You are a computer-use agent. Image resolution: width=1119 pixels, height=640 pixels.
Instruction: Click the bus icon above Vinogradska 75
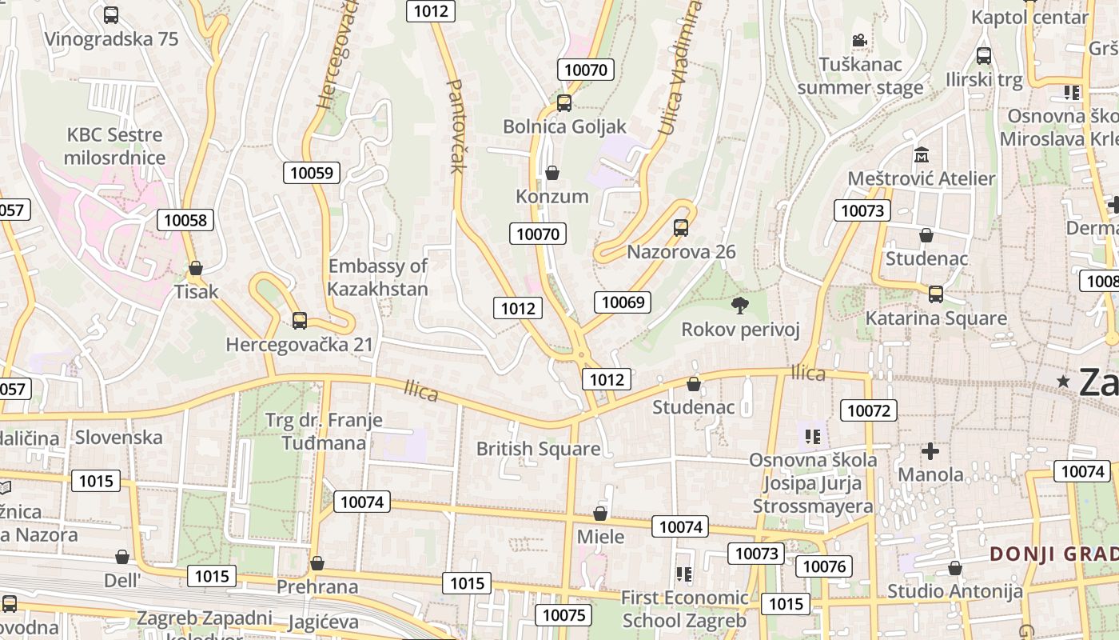click(x=111, y=14)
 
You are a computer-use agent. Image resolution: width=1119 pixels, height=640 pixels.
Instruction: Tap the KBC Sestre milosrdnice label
click(x=114, y=146)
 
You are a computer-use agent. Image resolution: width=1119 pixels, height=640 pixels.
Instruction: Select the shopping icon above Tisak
click(x=196, y=268)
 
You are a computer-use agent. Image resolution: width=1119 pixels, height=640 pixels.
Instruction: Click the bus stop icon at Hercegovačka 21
click(x=300, y=320)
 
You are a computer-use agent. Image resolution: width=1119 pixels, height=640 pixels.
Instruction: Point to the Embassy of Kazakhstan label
click(x=378, y=277)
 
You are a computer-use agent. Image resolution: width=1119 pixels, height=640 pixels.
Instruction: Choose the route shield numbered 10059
click(x=312, y=172)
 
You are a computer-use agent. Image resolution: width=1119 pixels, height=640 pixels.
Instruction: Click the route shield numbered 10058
click(x=185, y=220)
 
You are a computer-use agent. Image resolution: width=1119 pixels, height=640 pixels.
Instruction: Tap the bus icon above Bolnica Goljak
click(x=564, y=102)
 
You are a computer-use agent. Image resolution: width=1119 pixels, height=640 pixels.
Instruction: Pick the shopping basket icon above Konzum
click(x=552, y=173)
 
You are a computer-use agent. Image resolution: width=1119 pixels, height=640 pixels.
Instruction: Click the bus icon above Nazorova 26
click(x=681, y=228)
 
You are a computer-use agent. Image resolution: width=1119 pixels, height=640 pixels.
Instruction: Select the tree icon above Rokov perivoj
click(x=740, y=305)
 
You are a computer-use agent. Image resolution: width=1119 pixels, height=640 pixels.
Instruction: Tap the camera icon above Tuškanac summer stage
click(x=860, y=40)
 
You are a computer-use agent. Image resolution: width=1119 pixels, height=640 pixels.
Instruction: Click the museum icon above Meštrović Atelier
click(x=921, y=154)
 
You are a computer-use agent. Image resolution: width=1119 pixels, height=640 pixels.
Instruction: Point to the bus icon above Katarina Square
click(x=936, y=294)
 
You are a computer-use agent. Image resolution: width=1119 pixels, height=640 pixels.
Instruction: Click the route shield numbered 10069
click(x=623, y=302)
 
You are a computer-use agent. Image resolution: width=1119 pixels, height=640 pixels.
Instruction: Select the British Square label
click(x=538, y=449)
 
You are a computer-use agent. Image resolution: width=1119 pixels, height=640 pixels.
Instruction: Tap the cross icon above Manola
click(x=930, y=451)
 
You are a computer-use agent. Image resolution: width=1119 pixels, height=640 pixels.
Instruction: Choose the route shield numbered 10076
click(x=823, y=566)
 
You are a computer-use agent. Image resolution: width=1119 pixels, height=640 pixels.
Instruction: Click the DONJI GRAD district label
click(x=1053, y=554)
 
